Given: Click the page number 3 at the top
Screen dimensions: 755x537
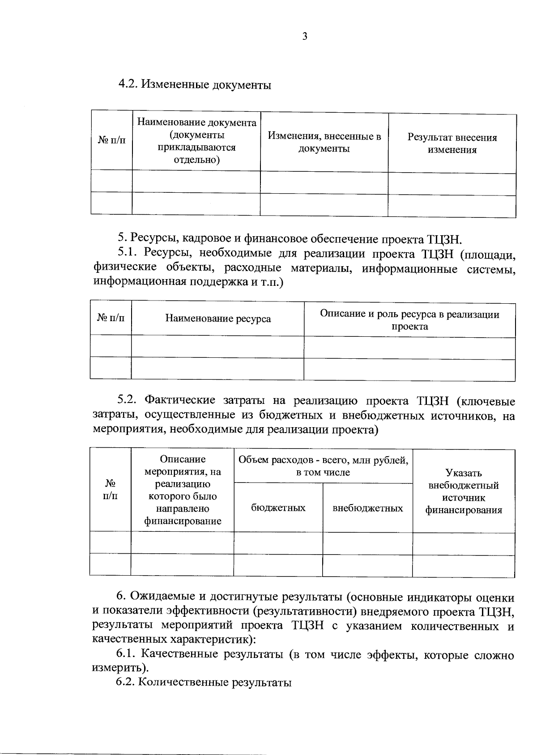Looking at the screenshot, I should click(x=305, y=37).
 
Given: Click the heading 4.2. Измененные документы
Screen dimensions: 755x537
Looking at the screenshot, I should click(x=194, y=84).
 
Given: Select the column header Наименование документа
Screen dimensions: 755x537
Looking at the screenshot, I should click(x=196, y=141).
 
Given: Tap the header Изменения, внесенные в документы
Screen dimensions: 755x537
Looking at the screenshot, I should click(x=324, y=142).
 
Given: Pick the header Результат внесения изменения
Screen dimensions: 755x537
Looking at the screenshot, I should click(x=452, y=144).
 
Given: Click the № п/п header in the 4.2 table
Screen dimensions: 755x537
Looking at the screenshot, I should click(x=112, y=140).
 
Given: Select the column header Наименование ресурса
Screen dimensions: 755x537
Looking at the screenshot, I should click(x=218, y=318).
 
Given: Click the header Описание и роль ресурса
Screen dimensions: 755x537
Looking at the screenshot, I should click(x=409, y=320).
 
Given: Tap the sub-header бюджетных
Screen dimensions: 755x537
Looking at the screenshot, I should click(x=278, y=508).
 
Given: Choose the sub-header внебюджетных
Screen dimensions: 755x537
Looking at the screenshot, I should click(x=367, y=508).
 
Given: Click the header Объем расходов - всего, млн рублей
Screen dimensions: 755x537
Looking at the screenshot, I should click(x=323, y=466).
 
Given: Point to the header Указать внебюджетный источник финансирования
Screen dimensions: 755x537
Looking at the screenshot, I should click(x=463, y=492).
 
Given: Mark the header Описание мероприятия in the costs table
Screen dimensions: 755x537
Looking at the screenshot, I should click(x=183, y=490).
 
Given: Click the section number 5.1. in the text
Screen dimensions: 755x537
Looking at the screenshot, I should click(x=129, y=252).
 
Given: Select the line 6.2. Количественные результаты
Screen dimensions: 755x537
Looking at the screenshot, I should click(x=204, y=683).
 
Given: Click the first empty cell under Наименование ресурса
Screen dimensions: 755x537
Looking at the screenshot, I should click(x=218, y=347).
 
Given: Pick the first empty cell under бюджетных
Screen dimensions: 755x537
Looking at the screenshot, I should click(x=278, y=543).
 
